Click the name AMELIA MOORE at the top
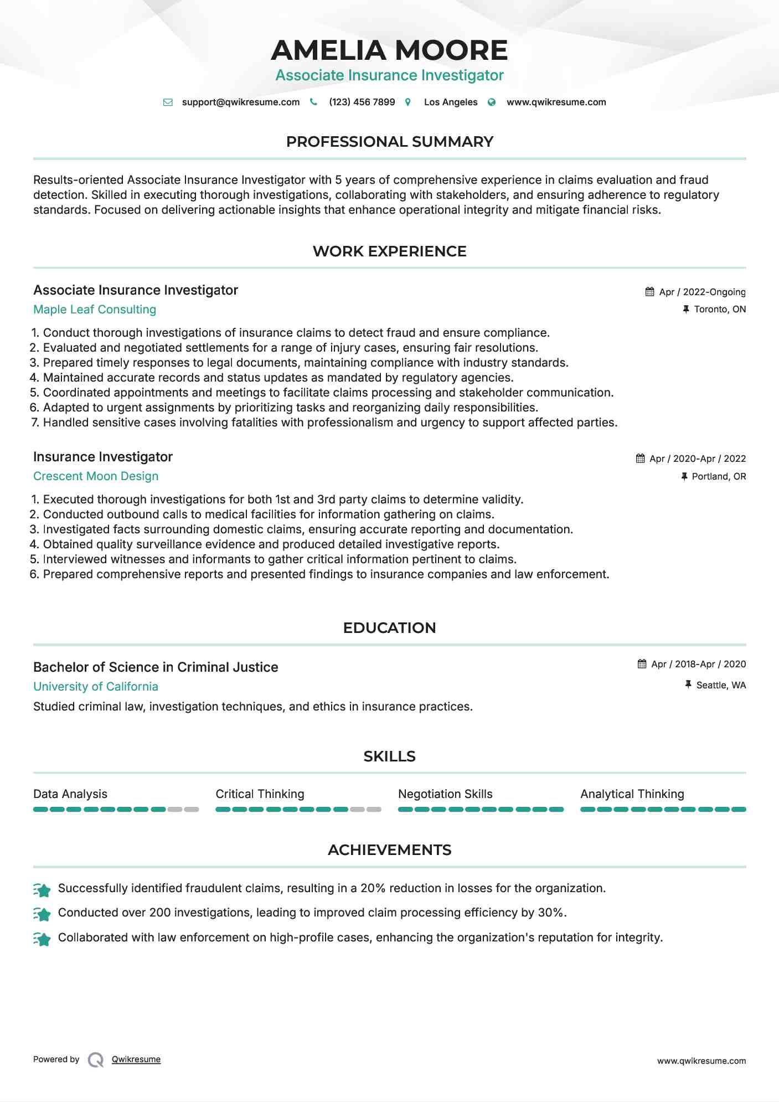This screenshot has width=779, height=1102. click(389, 50)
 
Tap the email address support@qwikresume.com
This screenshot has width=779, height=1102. click(240, 102)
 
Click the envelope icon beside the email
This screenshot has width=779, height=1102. click(168, 102)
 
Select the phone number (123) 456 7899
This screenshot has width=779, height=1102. click(362, 102)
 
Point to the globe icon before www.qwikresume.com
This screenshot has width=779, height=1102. click(492, 102)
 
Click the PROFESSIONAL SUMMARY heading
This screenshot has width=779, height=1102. click(389, 142)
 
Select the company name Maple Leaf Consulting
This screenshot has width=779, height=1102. click(95, 310)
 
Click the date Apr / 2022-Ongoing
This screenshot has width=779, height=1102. click(702, 292)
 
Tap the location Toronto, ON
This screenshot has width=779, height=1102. click(720, 309)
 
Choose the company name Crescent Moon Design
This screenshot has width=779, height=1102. click(96, 476)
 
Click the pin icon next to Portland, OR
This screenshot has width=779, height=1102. click(684, 476)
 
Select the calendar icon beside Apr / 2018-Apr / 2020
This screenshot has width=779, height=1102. click(642, 663)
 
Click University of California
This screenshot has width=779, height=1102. click(96, 687)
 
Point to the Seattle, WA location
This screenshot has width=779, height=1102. click(721, 685)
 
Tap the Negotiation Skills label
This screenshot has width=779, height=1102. click(445, 794)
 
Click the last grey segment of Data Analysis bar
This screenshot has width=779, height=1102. click(192, 810)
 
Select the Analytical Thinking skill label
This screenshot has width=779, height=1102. click(632, 794)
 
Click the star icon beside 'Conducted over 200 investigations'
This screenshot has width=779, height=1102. click(42, 914)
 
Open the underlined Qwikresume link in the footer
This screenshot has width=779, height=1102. click(136, 1059)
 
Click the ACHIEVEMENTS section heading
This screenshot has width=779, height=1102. click(389, 850)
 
